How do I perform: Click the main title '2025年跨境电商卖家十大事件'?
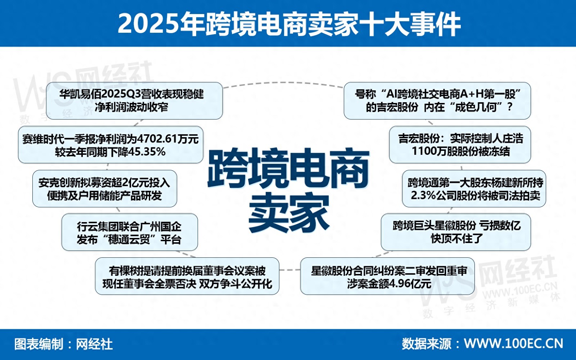pyautogui.click(x=289, y=24)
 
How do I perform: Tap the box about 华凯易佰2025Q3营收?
pyautogui.click(x=134, y=101)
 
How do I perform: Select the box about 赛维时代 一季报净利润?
pyautogui.click(x=111, y=145)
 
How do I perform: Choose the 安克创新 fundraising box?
pyautogui.click(x=105, y=189)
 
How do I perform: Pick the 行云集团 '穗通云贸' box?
pyautogui.click(x=130, y=233)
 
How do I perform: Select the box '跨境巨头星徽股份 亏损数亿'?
pyautogui.click(x=456, y=233)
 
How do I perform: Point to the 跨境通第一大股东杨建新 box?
pyautogui.click(x=474, y=189)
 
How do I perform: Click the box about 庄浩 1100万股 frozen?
pyautogui.click(x=460, y=145)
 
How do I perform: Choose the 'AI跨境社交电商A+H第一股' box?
pyautogui.click(x=437, y=101)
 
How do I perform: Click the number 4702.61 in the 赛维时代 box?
pyautogui.click(x=157, y=139)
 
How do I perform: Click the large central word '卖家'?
pyautogui.click(x=289, y=213)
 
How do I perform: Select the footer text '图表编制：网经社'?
pyautogui.click(x=63, y=344)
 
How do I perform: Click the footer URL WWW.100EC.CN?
pyautogui.click(x=513, y=344)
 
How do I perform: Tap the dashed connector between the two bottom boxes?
pyautogui.click(x=289, y=270)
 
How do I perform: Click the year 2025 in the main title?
pyautogui.click(x=148, y=24)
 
